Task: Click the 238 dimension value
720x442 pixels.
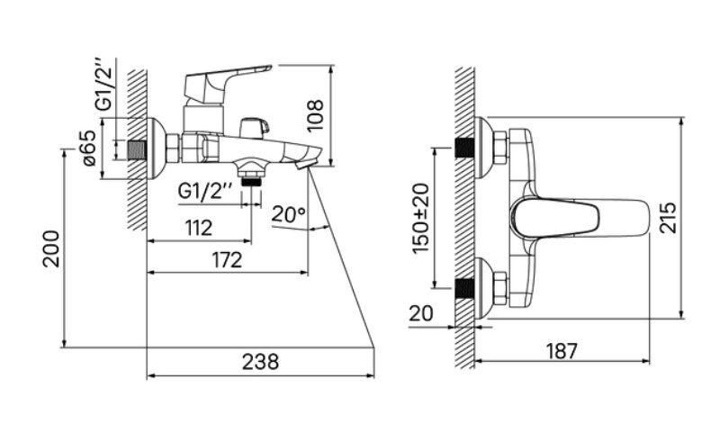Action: click(x=260, y=362)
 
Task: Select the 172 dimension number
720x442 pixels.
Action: click(x=227, y=260)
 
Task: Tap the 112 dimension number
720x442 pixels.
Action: click(x=199, y=228)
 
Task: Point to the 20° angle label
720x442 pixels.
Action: click(x=288, y=213)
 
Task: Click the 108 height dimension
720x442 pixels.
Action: click(x=316, y=115)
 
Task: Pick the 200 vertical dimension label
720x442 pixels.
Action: click(x=51, y=248)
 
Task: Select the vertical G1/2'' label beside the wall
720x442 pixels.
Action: click(x=103, y=84)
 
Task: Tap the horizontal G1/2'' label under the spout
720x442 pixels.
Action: click(x=205, y=190)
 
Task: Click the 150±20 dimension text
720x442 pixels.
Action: click(x=420, y=218)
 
